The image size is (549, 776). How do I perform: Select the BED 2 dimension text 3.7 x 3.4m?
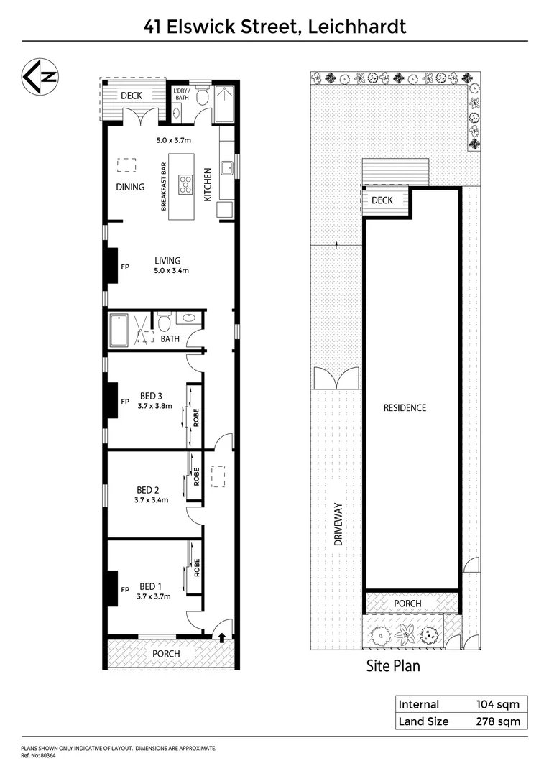point(152,500)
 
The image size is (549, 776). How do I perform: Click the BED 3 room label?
point(152,395)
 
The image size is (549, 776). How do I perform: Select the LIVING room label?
point(167,261)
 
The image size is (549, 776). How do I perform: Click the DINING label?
point(130,187)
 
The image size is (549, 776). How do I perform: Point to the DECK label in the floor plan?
point(132,96)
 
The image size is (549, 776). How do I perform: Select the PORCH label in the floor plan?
point(165,654)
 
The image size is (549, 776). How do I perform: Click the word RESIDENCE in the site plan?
point(405,407)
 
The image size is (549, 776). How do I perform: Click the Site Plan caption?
point(393,665)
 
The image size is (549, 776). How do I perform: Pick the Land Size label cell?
point(424,721)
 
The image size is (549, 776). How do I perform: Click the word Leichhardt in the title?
point(357,27)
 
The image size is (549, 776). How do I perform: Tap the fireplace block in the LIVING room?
point(112,267)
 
